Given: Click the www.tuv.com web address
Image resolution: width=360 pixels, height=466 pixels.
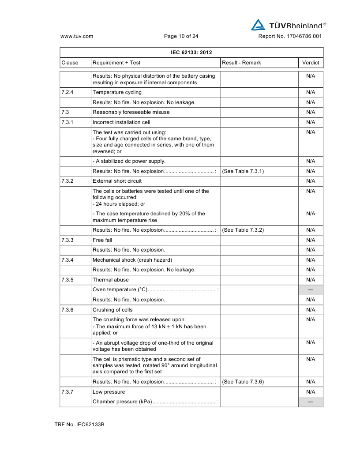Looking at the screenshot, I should pyautogui.click(x=76, y=37).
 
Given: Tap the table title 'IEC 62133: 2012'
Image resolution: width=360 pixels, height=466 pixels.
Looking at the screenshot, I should pyautogui.click(x=191, y=53).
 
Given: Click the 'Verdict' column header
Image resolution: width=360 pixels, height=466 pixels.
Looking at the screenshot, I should pyautogui.click(x=311, y=63).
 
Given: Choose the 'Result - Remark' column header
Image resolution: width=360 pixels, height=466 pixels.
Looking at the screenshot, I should pyautogui.click(x=241, y=63).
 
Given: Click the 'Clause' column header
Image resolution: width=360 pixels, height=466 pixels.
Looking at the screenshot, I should pyautogui.click(x=70, y=63).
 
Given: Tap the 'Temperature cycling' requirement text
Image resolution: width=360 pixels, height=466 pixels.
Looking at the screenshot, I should pyautogui.click(x=117, y=92).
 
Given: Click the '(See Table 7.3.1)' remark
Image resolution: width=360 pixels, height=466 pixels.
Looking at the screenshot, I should pyautogui.click(x=243, y=171).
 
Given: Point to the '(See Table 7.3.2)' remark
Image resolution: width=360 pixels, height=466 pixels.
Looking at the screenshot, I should pyautogui.click(x=243, y=230).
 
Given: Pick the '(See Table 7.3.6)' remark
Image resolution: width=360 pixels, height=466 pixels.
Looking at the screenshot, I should pyautogui.click(x=243, y=382).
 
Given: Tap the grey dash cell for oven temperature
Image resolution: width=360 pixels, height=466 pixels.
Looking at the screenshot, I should pyautogui.click(x=311, y=290).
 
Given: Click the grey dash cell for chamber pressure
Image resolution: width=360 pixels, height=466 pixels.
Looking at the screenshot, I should pyautogui.click(x=311, y=402).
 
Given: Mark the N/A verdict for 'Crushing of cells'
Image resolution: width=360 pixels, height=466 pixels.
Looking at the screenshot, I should pyautogui.click(x=311, y=310).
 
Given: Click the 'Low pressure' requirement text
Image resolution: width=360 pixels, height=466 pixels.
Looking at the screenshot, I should pyautogui.click(x=109, y=392).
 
